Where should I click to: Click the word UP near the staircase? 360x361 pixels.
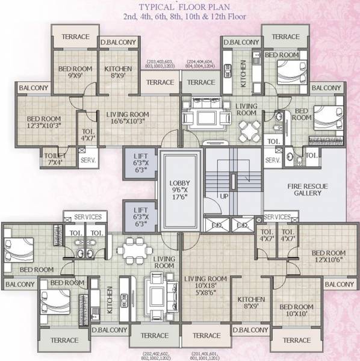224,196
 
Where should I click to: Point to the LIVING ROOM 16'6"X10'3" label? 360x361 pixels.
128,117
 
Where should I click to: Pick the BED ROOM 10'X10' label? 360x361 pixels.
297,311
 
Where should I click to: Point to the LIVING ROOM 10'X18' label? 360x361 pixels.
206,283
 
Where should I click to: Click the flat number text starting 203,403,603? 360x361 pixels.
160,65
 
